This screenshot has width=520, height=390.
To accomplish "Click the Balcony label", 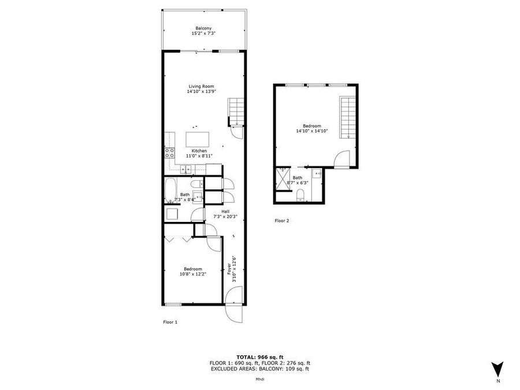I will [203, 28].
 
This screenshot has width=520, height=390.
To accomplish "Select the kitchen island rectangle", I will [198, 139].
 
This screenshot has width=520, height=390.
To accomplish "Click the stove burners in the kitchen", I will [170, 153].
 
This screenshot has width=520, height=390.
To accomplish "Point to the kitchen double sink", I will [187, 169].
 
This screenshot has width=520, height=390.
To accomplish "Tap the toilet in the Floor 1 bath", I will [198, 197].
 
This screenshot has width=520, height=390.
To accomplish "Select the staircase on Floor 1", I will [237, 111].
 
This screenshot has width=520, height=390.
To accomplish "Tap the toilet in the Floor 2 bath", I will [300, 198].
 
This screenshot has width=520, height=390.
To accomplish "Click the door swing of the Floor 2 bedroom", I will [343, 159].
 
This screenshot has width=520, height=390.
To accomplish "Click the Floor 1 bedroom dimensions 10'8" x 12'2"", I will [192, 274].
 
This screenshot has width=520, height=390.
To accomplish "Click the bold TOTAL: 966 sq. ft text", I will [260, 356].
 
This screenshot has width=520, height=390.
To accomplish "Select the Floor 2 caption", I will [281, 221].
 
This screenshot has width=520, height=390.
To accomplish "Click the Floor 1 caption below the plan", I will [170, 322].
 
